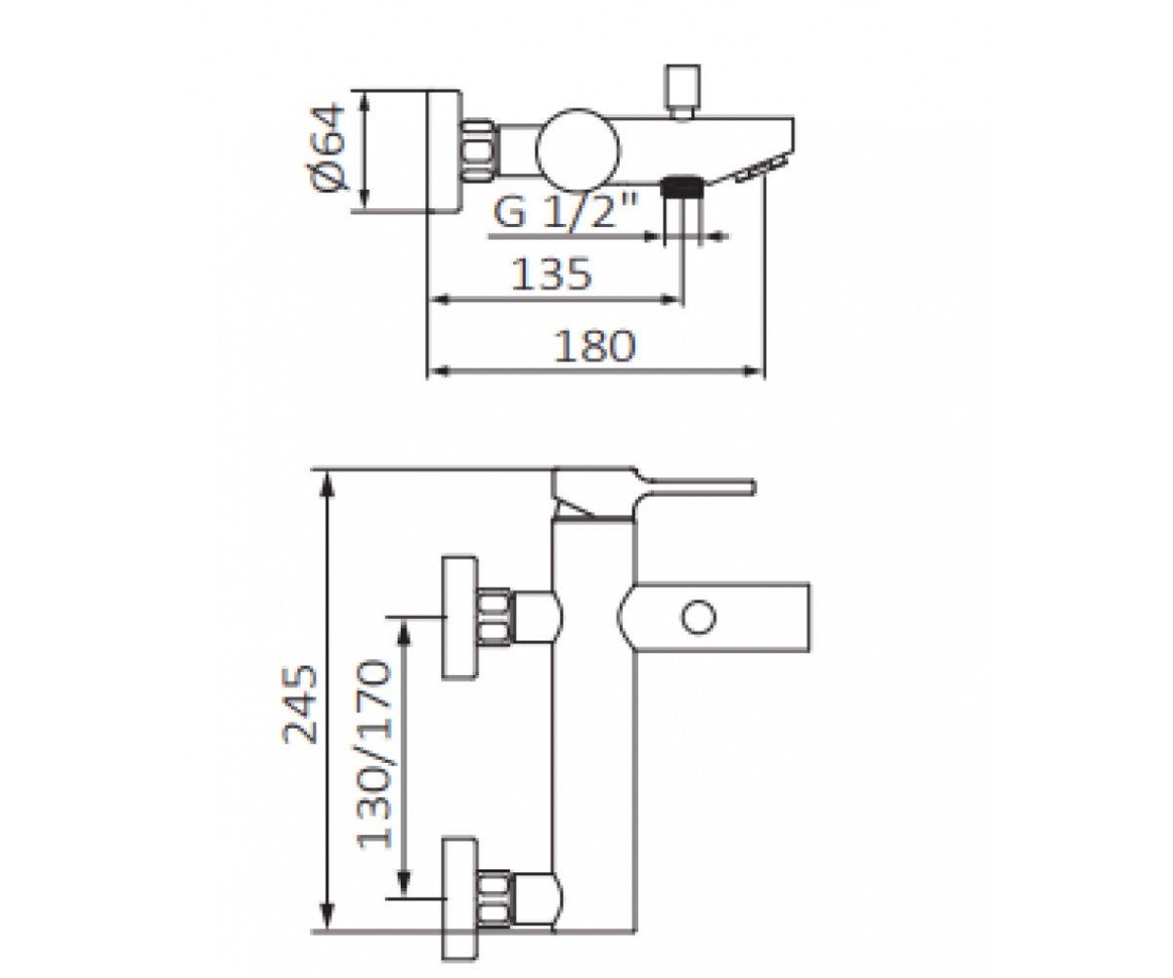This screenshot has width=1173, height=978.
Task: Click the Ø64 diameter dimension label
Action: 328,148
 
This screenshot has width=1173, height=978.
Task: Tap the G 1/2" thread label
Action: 566,210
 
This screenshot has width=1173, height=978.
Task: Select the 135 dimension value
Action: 551,274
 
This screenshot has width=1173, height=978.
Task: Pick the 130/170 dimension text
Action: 373,754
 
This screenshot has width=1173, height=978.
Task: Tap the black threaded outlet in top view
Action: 682,186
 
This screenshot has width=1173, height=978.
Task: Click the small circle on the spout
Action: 698,617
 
